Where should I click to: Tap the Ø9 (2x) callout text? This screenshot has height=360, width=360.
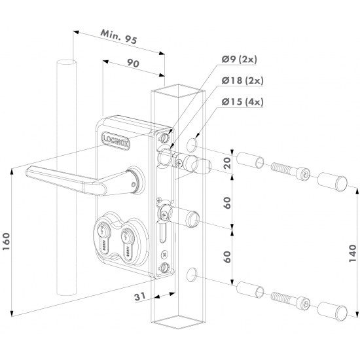click(x=239, y=60)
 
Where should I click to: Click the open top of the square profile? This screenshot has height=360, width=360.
click(x=175, y=92)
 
